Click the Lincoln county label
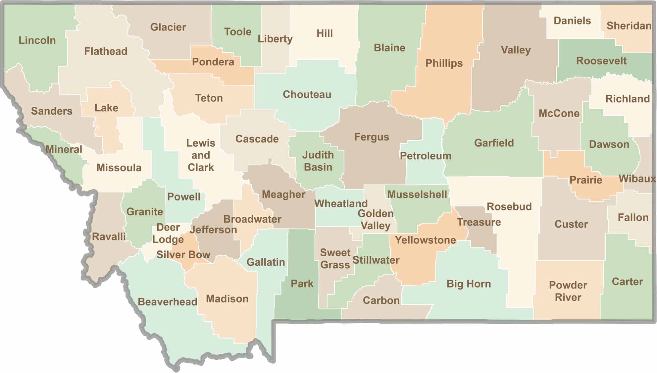(x=37, y=40)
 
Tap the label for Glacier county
(x=168, y=27)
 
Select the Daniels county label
(x=572, y=21)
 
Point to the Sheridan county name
(x=629, y=26)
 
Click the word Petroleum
(x=426, y=156)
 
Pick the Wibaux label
(x=637, y=179)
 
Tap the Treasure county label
(x=479, y=222)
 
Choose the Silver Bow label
(x=183, y=254)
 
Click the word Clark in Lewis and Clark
(x=201, y=167)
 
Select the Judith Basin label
(x=318, y=161)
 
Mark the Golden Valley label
(x=376, y=219)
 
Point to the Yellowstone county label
(x=426, y=240)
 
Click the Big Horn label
(x=469, y=284)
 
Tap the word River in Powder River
(x=568, y=297)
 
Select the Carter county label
(x=627, y=282)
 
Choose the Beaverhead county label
(x=168, y=302)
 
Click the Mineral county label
(x=64, y=149)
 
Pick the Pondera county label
(x=213, y=62)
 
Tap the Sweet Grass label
(x=335, y=259)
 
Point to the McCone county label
(x=559, y=114)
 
